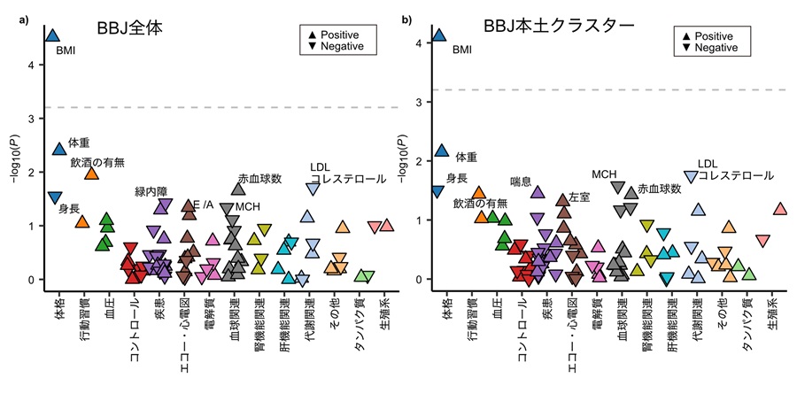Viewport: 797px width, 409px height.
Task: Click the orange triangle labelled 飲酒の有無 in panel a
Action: tap(91, 173)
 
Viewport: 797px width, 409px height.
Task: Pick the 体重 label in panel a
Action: tap(79, 142)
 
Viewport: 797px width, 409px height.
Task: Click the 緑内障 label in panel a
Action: tap(151, 190)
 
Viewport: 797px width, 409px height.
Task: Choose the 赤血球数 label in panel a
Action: tap(259, 179)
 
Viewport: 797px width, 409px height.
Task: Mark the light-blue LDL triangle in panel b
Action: tap(691, 177)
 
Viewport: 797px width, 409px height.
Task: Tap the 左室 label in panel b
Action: tap(579, 197)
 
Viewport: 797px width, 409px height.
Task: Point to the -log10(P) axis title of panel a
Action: tap(13, 159)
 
